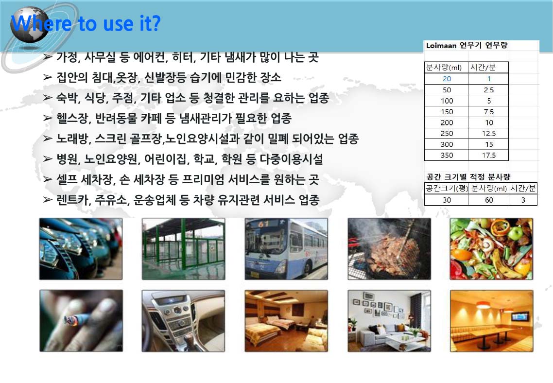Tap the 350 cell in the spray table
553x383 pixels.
click(447, 155)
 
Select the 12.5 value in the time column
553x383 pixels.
click(489, 133)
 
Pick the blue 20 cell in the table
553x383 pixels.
click(447, 79)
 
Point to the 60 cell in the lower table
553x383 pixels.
click(489, 200)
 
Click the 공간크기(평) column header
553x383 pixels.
click(447, 188)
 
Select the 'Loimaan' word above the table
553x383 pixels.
click(441, 46)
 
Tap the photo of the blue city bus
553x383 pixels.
click(286, 249)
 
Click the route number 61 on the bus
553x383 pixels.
click(263, 224)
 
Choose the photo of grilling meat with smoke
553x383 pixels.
click(389, 249)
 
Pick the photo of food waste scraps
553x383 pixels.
click(491, 249)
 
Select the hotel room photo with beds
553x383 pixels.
click(286, 321)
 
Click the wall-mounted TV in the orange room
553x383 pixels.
click(520, 316)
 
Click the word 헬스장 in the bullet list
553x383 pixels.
click(72, 118)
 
